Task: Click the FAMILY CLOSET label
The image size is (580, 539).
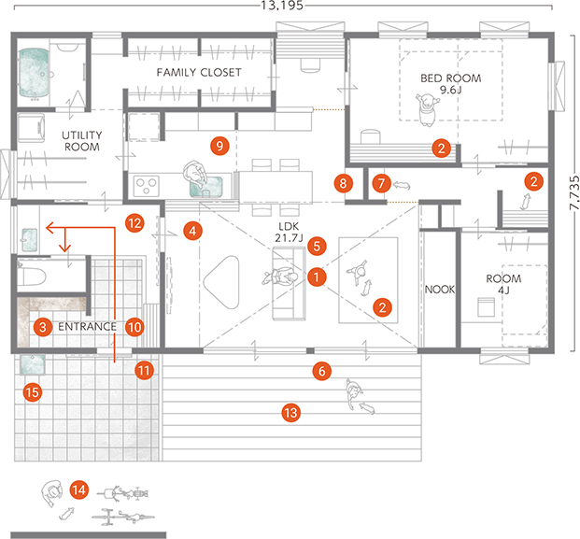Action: click(x=199, y=72)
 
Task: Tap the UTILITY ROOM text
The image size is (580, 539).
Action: click(x=82, y=141)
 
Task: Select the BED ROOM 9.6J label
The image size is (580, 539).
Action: click(x=451, y=84)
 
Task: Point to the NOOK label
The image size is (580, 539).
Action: click(x=440, y=290)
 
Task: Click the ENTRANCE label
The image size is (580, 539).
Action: click(x=87, y=326)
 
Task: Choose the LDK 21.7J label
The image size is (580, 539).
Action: click(x=289, y=233)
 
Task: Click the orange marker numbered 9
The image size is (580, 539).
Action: click(x=219, y=146)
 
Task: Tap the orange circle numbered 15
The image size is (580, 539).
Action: click(x=33, y=392)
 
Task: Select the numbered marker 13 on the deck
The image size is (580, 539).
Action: click(x=291, y=413)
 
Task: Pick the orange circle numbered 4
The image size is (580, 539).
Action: click(x=192, y=231)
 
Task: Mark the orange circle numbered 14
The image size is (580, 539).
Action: click(x=79, y=490)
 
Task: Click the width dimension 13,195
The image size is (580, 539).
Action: click(x=282, y=6)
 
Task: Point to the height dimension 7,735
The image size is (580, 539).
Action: click(x=574, y=193)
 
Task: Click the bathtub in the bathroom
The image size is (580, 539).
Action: click(x=34, y=73)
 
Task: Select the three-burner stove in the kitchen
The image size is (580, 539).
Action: click(x=147, y=186)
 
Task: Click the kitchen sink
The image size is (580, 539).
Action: click(x=206, y=187)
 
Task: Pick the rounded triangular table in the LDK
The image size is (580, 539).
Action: click(x=221, y=282)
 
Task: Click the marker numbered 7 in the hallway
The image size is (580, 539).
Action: click(x=381, y=183)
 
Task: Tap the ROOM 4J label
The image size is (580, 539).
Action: click(x=503, y=284)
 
